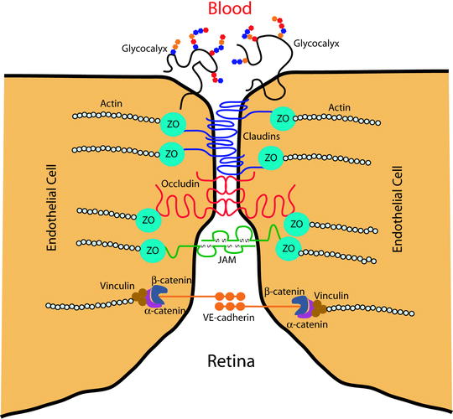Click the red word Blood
click(x=226, y=11)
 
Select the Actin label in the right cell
click(x=339, y=106)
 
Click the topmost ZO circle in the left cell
click(x=172, y=122)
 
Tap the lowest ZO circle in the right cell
click(x=289, y=249)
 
